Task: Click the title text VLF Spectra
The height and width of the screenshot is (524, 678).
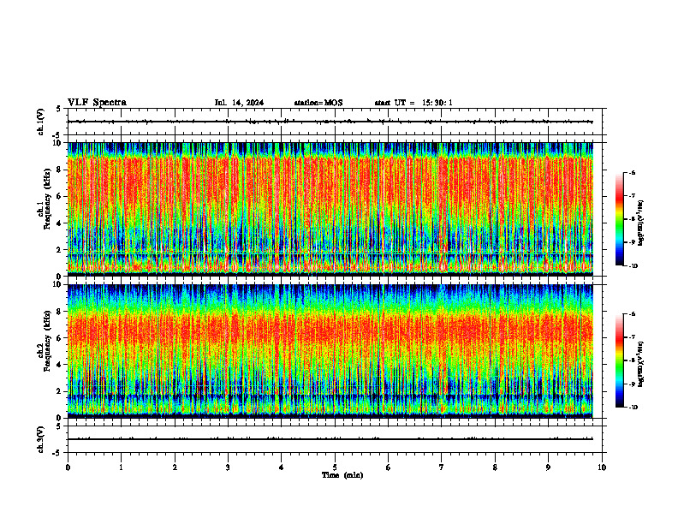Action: (x=97, y=103)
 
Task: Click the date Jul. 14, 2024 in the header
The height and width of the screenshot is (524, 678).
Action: (x=239, y=103)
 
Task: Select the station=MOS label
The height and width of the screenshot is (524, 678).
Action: (x=318, y=103)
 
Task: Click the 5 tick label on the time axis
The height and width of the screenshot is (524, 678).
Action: (x=335, y=467)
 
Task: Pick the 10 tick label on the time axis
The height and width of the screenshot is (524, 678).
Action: (x=602, y=467)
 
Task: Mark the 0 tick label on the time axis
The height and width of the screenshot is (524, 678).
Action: (x=68, y=467)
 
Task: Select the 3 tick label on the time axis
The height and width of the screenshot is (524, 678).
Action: (x=228, y=467)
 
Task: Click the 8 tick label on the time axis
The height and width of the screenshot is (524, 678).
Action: (x=495, y=467)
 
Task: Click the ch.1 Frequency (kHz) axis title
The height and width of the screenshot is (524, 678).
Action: (x=45, y=209)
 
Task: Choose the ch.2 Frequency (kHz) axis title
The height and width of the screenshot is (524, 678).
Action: (x=45, y=350)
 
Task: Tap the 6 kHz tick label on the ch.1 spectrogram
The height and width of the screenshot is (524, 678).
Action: (x=58, y=196)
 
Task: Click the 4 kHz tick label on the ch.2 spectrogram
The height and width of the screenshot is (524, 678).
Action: (x=58, y=364)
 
